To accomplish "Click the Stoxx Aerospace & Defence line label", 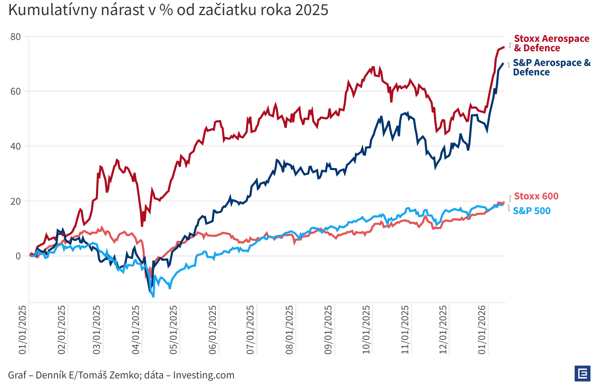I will pos(551,43).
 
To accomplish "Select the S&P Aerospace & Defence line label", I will pos(551,67).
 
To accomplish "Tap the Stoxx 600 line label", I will pos(536,196).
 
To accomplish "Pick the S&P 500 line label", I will pos(531,211).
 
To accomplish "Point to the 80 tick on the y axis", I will pos(16,37).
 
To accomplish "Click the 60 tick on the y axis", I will pos(16,92).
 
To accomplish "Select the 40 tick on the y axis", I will pos(16,147).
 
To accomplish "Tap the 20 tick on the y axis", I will pos(16,201).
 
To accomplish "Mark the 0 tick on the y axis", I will pos(18,256).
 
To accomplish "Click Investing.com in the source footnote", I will pos(204,375).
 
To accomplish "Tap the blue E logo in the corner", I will pos(582,374).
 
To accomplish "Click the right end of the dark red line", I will pos(503,47).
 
